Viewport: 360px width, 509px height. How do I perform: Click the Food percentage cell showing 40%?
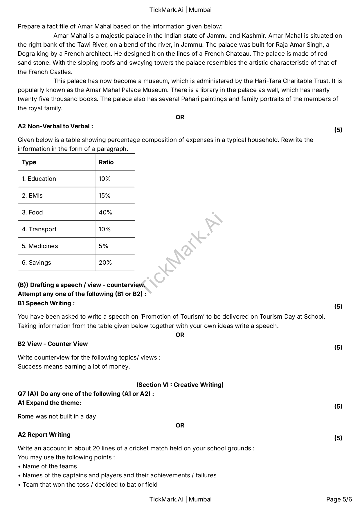coord(105,212)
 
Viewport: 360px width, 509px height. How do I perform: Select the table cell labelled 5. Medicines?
coord(40,246)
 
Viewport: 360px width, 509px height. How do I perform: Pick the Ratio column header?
coord(106,162)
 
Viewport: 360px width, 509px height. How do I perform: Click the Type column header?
coord(29,162)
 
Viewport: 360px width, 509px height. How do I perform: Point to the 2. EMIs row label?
coord(32,196)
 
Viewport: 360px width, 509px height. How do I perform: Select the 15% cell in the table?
coord(105,196)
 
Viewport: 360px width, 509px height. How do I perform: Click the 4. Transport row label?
coord(39,229)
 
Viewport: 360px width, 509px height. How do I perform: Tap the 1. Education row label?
coord(39,179)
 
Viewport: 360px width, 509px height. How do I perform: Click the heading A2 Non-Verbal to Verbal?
coord(55,126)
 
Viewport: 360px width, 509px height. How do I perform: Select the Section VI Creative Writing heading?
coord(180,385)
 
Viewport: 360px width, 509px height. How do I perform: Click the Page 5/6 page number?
coord(339,499)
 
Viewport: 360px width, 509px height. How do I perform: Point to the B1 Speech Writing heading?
coord(46,303)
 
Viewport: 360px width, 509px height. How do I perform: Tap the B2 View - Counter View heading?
coord(53,344)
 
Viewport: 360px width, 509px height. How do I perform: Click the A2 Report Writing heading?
coord(44,435)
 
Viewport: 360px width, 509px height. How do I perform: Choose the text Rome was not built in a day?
coord(57,416)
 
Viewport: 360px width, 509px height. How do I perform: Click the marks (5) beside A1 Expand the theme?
coord(338,406)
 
